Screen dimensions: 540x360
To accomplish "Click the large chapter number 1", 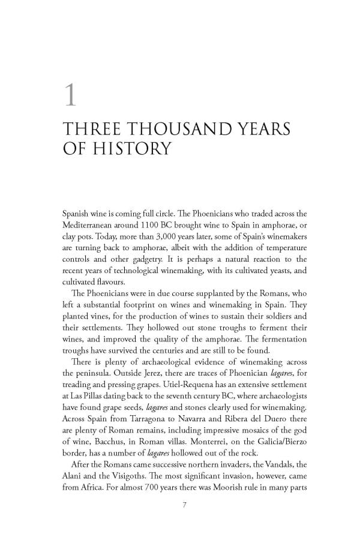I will (70, 95).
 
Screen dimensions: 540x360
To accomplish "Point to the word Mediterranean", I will (90, 223).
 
